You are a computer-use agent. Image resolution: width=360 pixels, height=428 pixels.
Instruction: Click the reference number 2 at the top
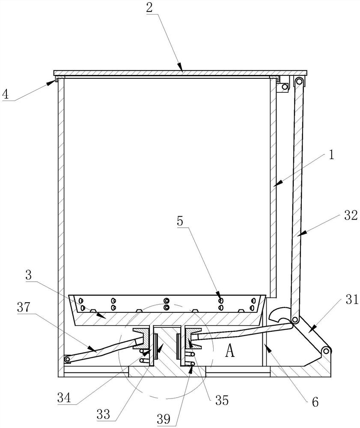149,8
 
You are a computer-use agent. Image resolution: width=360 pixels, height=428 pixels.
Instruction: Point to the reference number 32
351,216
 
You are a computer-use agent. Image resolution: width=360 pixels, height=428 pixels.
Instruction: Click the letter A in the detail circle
230,351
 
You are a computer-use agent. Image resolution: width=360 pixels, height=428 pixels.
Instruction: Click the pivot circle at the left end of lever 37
67,359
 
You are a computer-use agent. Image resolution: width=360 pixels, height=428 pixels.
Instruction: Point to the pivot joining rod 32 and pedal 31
295,320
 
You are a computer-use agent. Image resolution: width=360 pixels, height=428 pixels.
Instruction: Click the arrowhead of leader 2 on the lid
181,70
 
